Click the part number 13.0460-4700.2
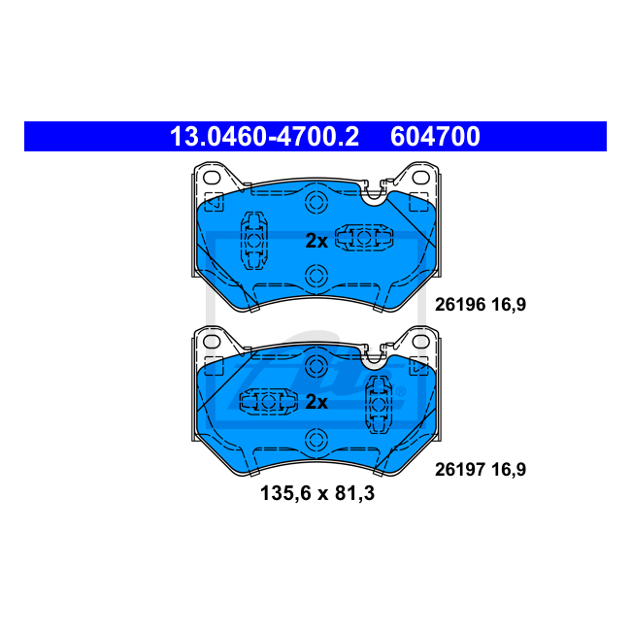click(x=264, y=137)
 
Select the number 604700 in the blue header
click(x=435, y=137)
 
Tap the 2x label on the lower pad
click(x=316, y=402)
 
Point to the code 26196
click(x=457, y=304)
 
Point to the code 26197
click(x=457, y=469)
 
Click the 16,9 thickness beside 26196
click(x=509, y=304)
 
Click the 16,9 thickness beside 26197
click(x=509, y=469)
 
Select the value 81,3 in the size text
click(x=355, y=493)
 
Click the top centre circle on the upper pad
click(x=315, y=204)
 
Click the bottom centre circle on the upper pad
click(x=315, y=277)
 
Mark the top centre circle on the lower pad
click(x=315, y=364)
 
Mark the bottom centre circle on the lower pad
click(x=315, y=438)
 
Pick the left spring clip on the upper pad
click(x=254, y=241)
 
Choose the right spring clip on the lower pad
click(x=377, y=403)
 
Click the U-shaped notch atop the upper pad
click(x=372, y=189)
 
